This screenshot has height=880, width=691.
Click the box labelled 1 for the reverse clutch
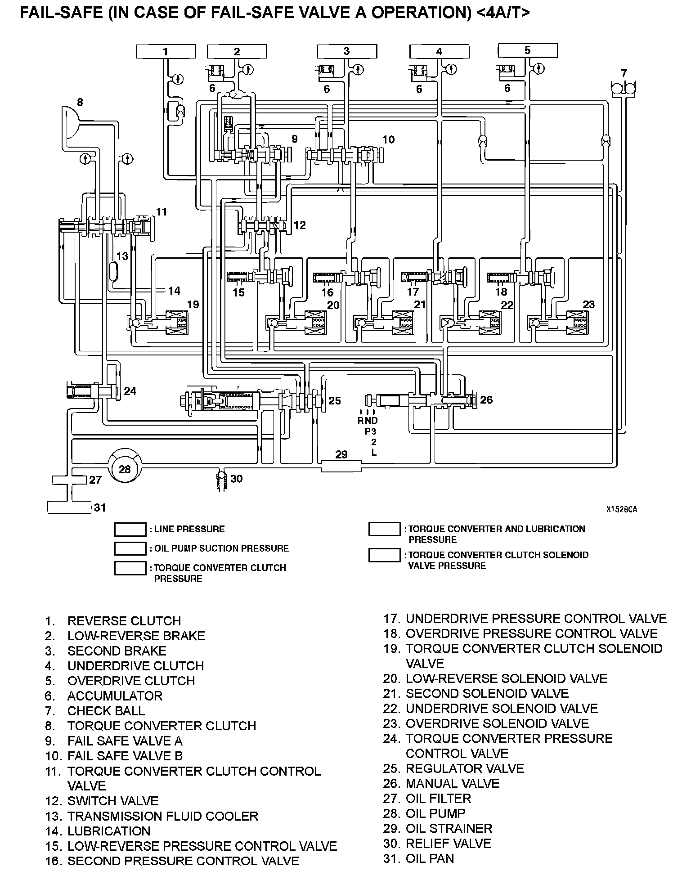tap(166, 51)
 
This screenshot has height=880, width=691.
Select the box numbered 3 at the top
tap(346, 51)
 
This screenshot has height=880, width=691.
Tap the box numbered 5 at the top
tap(528, 50)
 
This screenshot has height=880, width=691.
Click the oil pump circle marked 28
tap(125, 469)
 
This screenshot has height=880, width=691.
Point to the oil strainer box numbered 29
tap(341, 465)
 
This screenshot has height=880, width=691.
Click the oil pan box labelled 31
tap(70, 507)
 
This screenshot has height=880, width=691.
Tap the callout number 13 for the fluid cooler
tap(122, 256)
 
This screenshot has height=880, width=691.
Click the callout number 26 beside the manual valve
tap(486, 400)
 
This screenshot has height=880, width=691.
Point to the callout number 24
tap(130, 391)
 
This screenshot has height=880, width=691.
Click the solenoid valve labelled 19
tap(177, 323)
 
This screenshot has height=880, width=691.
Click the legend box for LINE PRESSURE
tap(130, 530)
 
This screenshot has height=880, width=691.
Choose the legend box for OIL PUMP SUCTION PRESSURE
tap(130, 549)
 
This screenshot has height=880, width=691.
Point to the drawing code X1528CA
tap(621, 509)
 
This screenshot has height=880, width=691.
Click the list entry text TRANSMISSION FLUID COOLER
tap(163, 816)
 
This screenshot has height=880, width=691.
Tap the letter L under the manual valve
tap(374, 453)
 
